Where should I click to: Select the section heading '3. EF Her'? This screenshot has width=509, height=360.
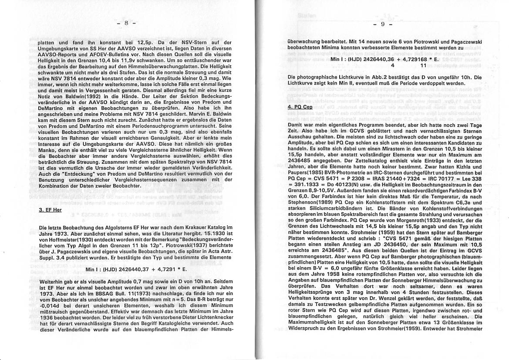[51, 210]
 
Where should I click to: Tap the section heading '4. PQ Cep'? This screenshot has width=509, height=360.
[300, 106]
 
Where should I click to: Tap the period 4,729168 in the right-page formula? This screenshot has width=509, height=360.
[408, 59]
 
